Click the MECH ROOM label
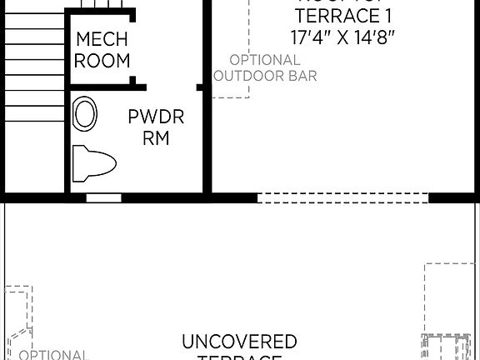pos(102,49)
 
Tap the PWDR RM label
pos(156,127)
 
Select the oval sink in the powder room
pos(84,113)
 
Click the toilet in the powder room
pos(92,162)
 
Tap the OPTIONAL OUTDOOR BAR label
pos(265,67)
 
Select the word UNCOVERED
pos(239,342)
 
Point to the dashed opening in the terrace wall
pos(342,197)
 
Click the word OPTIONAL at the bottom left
pos(52,354)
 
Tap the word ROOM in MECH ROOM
pos(102,60)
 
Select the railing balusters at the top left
pos(100,8)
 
